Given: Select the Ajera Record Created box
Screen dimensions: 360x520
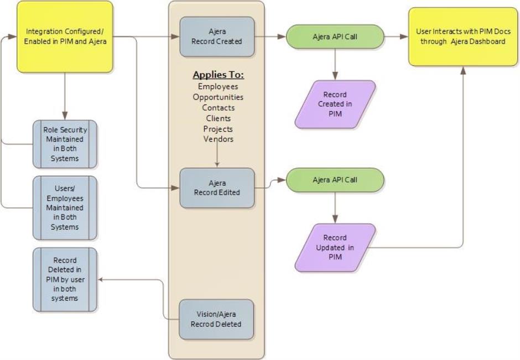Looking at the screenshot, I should pos(217,36).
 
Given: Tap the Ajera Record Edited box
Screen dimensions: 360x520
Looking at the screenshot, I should pos(217,188).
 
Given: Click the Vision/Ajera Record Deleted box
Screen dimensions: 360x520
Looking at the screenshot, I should pos(217,319).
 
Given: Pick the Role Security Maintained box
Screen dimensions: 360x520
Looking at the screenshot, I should pos(65,144).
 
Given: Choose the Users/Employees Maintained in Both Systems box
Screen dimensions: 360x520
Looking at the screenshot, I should pos(65,207).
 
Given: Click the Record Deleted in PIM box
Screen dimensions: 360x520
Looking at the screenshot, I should pos(65,279).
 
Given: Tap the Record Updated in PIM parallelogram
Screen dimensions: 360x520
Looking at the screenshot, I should pos(335,247).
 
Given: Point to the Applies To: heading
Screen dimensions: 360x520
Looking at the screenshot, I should pos(218,75).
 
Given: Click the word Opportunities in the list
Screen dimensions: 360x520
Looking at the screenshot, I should pos(218,97).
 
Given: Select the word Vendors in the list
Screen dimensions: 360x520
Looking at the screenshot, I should pos(218,139).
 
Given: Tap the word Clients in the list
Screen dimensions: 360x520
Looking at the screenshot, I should pos(218,118).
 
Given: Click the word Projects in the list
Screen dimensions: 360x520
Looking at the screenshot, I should pos(218,129).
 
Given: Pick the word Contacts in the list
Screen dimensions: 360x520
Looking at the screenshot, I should pos(218,108).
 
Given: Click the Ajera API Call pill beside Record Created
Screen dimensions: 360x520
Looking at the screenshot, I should pos(335,37).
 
